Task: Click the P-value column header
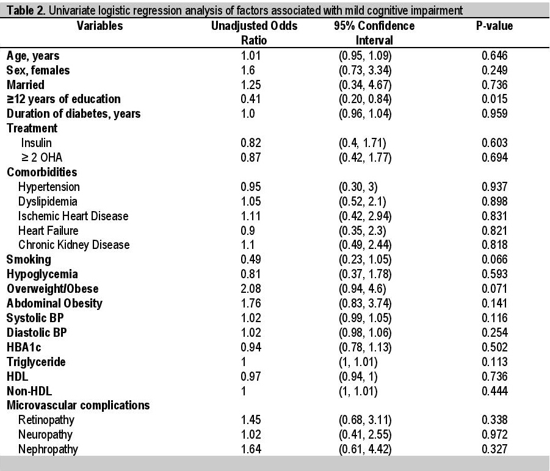coord(494,26)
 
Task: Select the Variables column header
coord(100,26)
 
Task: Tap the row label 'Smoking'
coord(29,260)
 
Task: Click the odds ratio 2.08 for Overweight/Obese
coord(251,289)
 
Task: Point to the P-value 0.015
coord(494,99)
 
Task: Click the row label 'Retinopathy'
coord(46,420)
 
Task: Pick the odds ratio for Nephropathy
coord(251,449)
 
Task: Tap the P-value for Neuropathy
coord(494,434)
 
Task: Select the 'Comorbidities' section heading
coord(42,172)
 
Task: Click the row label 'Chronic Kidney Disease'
coord(74,245)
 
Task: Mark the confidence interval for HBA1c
coord(365,347)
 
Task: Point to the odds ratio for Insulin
coord(251,143)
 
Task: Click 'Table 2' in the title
coord(26,10)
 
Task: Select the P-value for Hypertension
coord(494,187)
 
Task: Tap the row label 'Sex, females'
coord(38,70)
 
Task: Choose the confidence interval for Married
coord(365,85)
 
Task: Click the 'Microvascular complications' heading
coord(78,406)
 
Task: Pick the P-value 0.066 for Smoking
coord(494,260)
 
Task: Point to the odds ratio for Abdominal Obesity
coord(251,303)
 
